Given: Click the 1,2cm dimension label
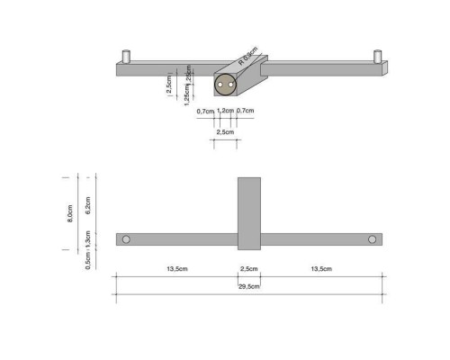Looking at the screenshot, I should pos(225,111).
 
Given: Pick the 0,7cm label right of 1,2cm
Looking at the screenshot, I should pos(245,111).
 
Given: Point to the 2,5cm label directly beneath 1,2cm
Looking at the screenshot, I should pos(225,131).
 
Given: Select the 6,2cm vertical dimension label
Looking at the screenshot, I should pos(87,206).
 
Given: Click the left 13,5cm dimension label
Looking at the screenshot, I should pos(176,269).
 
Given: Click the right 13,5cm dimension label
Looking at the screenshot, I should pos(320,269).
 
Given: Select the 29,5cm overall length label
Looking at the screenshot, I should pos(248,286).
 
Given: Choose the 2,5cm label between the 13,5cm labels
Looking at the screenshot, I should pos(248,269).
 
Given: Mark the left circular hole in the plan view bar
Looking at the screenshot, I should pos(126,239).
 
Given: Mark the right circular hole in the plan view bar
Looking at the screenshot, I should pos(372,239).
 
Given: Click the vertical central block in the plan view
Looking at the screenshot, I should pos(248,212).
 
